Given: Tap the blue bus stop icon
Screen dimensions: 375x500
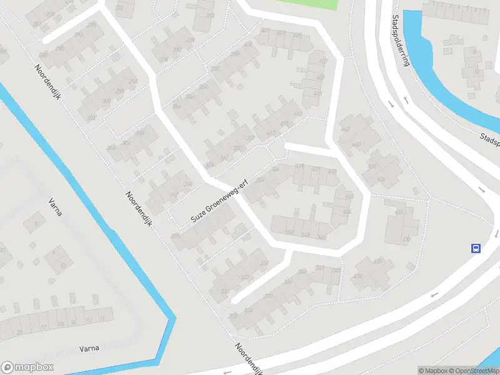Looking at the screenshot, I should click(476, 248).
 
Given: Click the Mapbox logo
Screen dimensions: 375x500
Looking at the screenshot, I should click(27, 367).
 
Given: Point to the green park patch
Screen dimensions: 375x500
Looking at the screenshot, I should click(306, 4).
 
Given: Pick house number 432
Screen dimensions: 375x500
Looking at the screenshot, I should click(398, 212).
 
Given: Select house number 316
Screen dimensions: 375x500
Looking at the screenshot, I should click(188, 184).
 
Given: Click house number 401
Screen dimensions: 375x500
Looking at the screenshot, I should click(265, 31).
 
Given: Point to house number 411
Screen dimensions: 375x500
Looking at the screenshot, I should click(318, 94).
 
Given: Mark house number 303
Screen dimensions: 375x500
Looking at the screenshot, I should click(91, 117).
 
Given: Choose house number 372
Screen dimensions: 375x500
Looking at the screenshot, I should click(177, 50).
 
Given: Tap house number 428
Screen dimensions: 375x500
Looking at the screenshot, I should click(358, 276).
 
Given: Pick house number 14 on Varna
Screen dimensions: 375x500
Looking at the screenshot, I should click(74, 322).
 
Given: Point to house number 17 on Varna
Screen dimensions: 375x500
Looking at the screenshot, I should click(42, 327).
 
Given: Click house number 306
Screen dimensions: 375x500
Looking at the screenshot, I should click(111, 148).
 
